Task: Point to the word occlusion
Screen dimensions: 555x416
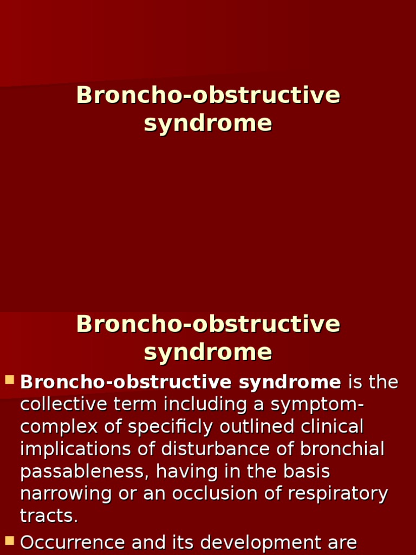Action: [x=259, y=494]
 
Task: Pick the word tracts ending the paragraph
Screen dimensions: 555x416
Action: [x=49, y=516]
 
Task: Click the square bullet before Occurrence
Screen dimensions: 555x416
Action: [x=10, y=540]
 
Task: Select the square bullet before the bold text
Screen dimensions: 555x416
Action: [x=10, y=380]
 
